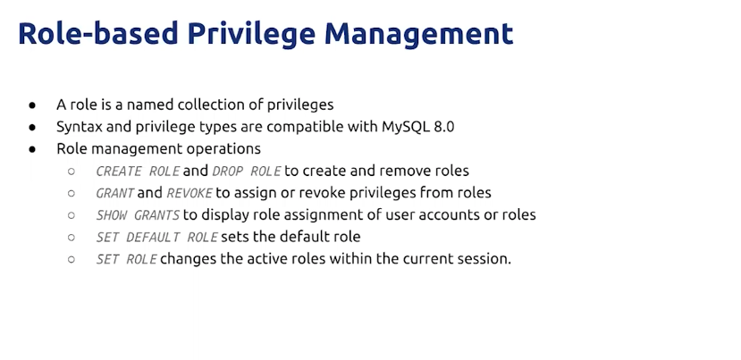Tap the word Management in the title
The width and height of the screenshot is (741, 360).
coord(418,33)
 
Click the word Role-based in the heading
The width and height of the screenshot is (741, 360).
coord(98,33)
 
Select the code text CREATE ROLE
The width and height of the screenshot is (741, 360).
coord(138,171)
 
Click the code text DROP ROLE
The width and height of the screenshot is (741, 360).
coord(247,171)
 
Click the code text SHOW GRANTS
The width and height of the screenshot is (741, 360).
coord(138,215)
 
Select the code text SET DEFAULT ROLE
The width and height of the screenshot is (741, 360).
coord(157,237)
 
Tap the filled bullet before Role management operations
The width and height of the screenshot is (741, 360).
coord(32,149)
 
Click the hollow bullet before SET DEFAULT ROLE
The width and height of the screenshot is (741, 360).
coord(72,237)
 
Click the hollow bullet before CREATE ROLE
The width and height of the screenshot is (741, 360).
coord(72,171)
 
